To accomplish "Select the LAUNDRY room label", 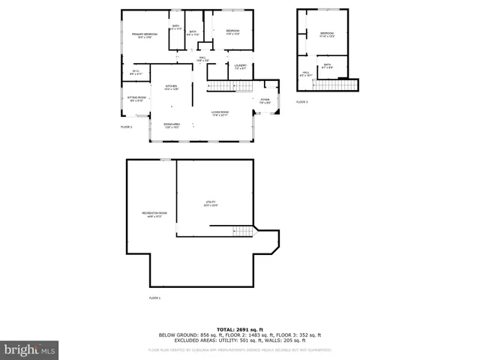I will pyautogui.click(x=240, y=65).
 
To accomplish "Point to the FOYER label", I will pyautogui.click(x=265, y=100).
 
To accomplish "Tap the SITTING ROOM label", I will pyautogui.click(x=136, y=98).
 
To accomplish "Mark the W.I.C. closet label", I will pyautogui.click(x=135, y=71).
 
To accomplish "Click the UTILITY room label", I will pyautogui.click(x=211, y=202).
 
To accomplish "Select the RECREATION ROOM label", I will pyautogui.click(x=155, y=214).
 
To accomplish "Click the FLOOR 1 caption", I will pyautogui.click(x=154, y=298).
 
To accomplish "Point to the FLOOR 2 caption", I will pyautogui.click(x=127, y=127).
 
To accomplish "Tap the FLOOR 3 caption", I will pyautogui.click(x=301, y=102).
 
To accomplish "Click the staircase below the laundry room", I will pyautogui.click(x=222, y=87).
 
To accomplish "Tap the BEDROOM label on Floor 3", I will pyautogui.click(x=327, y=34).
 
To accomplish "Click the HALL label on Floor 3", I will pyautogui.click(x=305, y=74).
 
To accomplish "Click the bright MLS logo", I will pyautogui.click(x=30, y=349).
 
